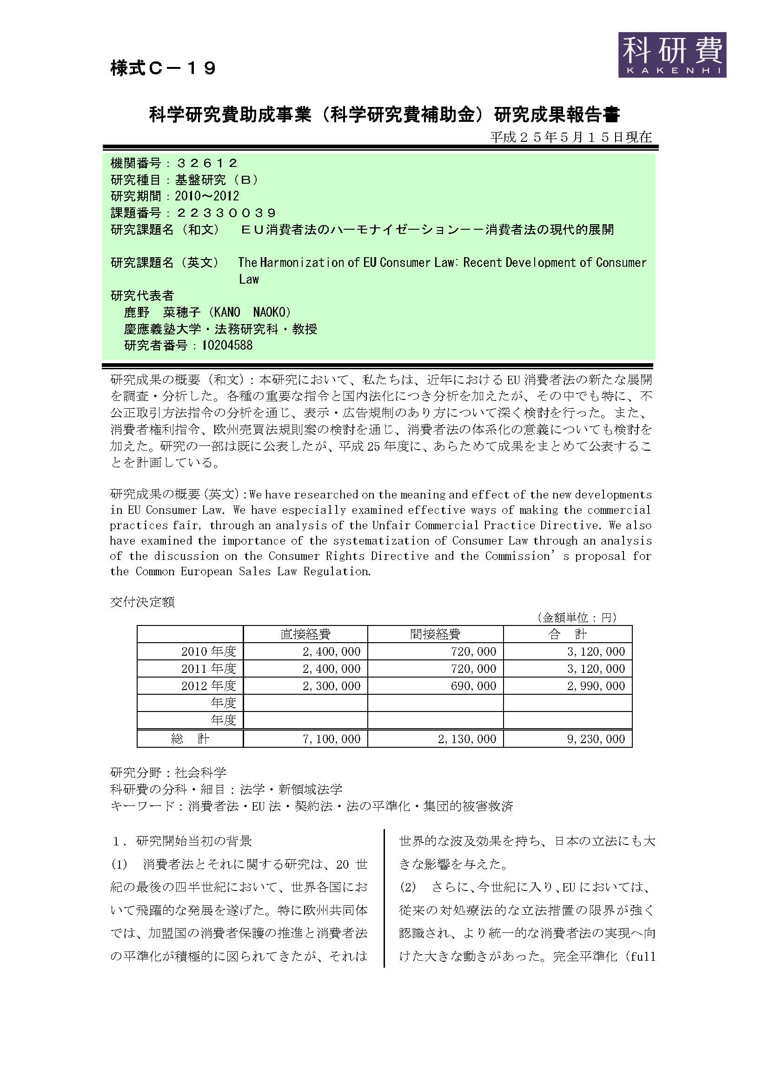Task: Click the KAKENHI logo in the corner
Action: pyautogui.click(x=671, y=54)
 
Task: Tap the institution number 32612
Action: pyautogui.click(x=207, y=163)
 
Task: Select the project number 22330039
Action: pyautogui.click(x=226, y=213)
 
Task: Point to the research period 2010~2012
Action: pyautogui.click(x=207, y=196)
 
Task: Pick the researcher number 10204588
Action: pyautogui.click(x=227, y=345)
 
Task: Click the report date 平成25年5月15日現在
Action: pyautogui.click(x=570, y=137)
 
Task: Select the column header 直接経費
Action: pyautogui.click(x=305, y=634)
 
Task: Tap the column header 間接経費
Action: pyautogui.click(x=435, y=634)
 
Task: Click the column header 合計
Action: pyautogui.click(x=567, y=634)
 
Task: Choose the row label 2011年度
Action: pyautogui.click(x=208, y=669)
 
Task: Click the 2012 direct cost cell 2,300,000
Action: pyautogui.click(x=331, y=686)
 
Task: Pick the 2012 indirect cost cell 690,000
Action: pyautogui.click(x=473, y=686)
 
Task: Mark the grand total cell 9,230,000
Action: pyautogui.click(x=596, y=739)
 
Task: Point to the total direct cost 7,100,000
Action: pyautogui.click(x=331, y=739)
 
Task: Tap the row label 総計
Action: pyautogui.click(x=190, y=739)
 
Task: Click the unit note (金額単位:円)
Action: pyautogui.click(x=576, y=618)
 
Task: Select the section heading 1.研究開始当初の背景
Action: pyautogui.click(x=182, y=841)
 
